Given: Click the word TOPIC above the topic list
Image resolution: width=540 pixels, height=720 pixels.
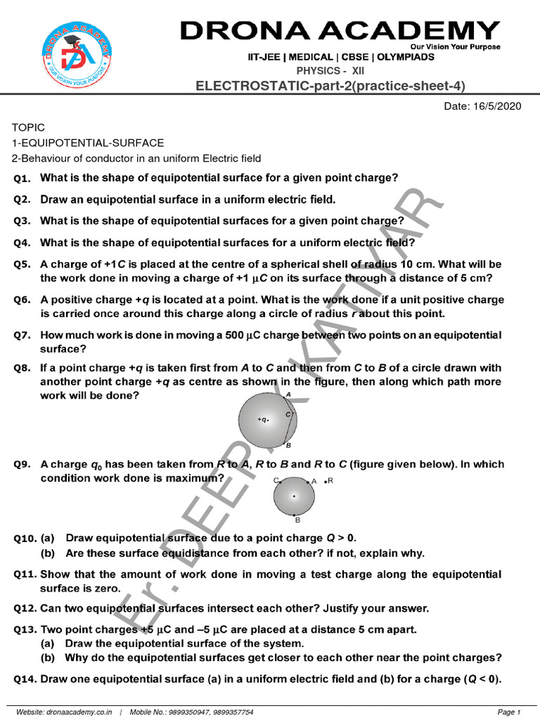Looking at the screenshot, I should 28,127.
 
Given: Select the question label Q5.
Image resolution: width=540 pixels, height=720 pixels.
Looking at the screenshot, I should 22,265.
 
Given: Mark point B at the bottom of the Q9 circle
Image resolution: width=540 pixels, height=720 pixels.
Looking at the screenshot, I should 297,520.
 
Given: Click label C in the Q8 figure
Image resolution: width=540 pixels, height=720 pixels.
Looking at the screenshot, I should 288,415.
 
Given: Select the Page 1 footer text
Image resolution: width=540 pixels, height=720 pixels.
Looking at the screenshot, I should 508,712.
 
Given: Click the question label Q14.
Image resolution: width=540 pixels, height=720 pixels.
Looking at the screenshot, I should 25,680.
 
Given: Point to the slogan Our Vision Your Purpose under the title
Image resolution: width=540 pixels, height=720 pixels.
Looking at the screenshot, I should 460,47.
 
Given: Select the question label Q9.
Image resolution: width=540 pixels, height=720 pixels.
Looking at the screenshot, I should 22,465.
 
